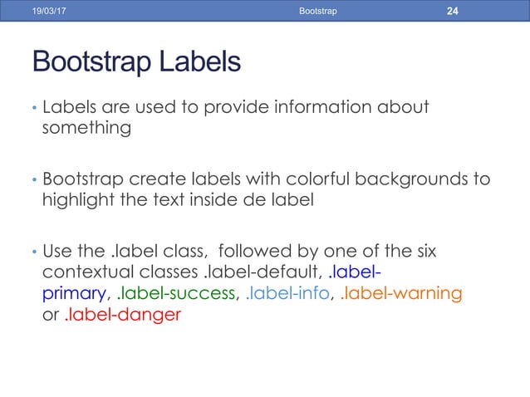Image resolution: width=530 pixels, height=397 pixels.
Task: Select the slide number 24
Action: point(453,10)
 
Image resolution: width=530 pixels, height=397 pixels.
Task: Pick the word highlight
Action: point(76,200)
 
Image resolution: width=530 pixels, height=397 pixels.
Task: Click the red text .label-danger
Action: point(121,315)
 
